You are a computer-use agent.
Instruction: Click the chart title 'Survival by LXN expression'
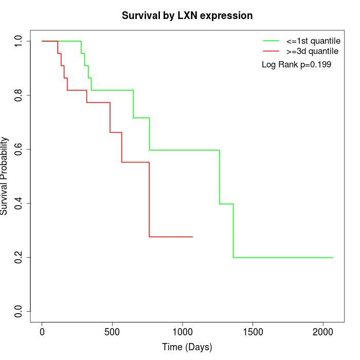[187, 16]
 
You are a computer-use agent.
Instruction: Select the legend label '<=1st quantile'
[313, 41]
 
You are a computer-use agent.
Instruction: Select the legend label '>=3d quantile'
[312, 51]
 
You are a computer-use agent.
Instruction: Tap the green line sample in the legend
[271, 41]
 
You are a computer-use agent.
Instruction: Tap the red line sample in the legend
[271, 51]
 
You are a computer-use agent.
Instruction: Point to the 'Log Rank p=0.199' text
[296, 65]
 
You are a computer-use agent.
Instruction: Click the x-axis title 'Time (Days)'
[187, 347]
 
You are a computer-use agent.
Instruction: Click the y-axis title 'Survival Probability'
[5, 176]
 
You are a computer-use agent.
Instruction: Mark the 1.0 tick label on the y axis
[19, 41]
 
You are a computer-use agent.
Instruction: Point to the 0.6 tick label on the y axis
[19, 149]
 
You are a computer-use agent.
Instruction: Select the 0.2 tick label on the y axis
[19, 257]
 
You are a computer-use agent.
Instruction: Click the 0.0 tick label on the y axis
[19, 311]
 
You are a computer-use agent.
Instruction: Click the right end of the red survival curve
[192, 237]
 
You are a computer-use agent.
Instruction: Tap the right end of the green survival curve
[333, 257]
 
